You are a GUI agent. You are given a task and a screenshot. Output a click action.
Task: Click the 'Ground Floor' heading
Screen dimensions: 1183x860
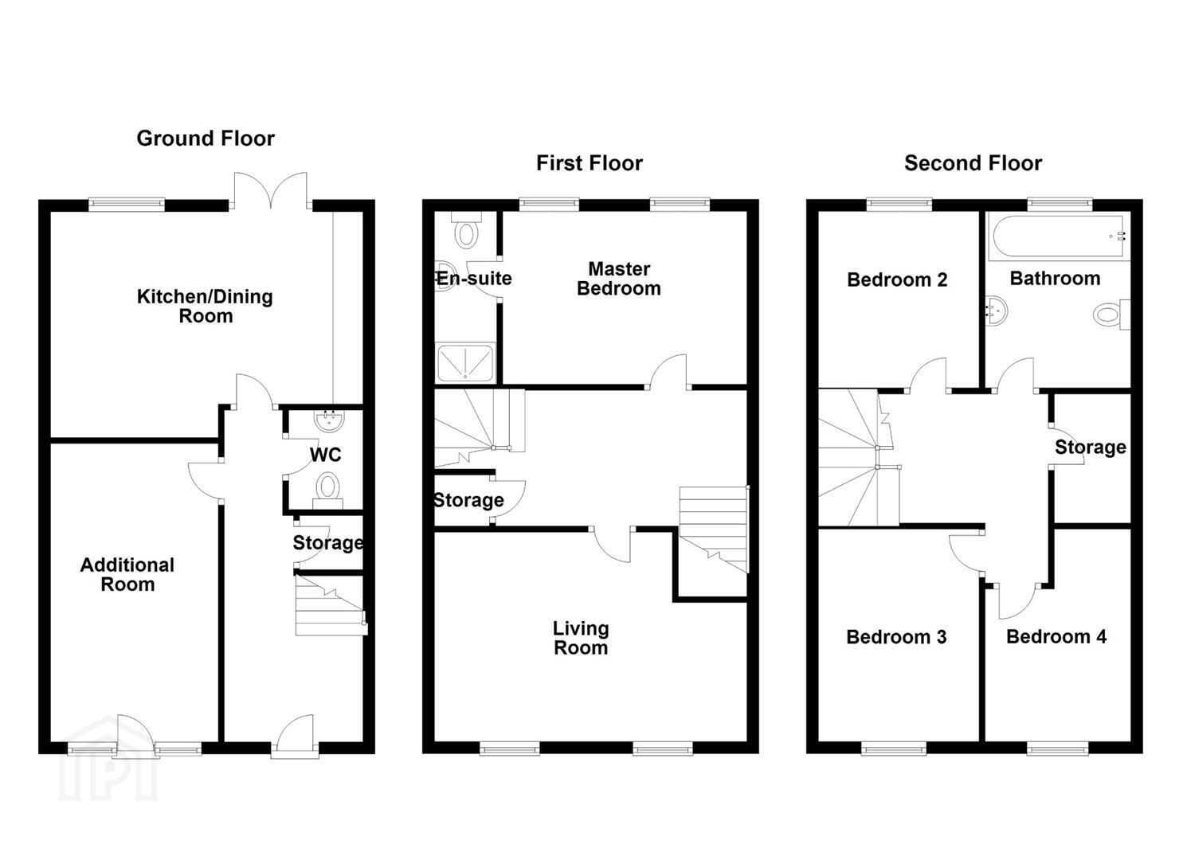point(206,139)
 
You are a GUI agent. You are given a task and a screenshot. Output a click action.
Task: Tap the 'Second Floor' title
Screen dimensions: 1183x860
point(973,163)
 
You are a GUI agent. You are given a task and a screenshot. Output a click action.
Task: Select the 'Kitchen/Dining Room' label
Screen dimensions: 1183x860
point(205,307)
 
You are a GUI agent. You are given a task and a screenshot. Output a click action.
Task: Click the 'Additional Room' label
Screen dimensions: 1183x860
point(127,574)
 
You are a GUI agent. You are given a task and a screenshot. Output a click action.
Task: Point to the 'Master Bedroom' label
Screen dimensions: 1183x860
point(619,279)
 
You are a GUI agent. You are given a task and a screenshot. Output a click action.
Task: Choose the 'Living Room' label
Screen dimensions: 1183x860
point(581,638)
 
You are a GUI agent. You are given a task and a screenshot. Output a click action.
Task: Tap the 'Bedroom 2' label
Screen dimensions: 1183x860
point(897,279)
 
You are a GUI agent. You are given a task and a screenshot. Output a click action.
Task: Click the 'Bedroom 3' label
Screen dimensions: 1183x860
point(896,637)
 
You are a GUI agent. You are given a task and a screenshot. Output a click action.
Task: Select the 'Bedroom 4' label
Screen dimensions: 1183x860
point(1056,637)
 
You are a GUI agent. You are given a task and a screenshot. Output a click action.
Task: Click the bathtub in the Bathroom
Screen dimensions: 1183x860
point(1059,237)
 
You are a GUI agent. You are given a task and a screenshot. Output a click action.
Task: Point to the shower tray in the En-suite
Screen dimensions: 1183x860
point(465,362)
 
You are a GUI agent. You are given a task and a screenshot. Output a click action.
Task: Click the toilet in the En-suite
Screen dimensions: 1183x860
point(466,230)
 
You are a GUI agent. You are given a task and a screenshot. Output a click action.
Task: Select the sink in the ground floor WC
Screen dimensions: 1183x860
point(330,420)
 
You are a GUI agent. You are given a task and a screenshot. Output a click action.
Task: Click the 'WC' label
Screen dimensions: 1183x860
point(325,455)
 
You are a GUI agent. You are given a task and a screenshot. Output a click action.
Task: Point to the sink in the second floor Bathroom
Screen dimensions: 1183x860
point(996,311)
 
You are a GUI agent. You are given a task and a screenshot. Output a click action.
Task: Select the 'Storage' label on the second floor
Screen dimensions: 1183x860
point(1091,448)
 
